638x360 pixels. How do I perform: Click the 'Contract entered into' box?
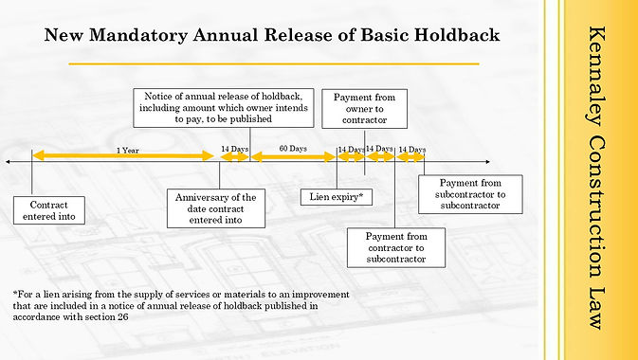[x=49, y=210]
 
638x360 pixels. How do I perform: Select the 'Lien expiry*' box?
[x=337, y=197]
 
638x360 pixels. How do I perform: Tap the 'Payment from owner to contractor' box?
[x=365, y=109]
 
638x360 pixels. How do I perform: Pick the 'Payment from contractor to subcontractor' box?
[x=396, y=247]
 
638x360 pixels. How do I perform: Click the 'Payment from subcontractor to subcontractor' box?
[x=470, y=194]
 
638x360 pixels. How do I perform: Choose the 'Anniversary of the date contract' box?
[x=216, y=208]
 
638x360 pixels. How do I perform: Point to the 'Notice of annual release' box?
[x=224, y=108]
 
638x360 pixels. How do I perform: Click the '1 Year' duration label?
[x=128, y=151]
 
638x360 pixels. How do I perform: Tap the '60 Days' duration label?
[x=293, y=149]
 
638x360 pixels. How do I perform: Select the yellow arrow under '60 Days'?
[x=293, y=156]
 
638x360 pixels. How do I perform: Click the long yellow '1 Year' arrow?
[x=123, y=155]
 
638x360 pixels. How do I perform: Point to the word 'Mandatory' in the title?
[x=138, y=36]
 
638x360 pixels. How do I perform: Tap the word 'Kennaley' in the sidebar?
[x=596, y=76]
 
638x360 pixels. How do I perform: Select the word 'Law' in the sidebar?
[x=596, y=308]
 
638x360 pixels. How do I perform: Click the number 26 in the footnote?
[x=123, y=316]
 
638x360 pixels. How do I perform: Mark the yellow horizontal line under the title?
[x=274, y=63]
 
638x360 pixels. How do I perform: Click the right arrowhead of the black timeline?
[x=487, y=162]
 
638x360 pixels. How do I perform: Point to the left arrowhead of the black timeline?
[x=9, y=162]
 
